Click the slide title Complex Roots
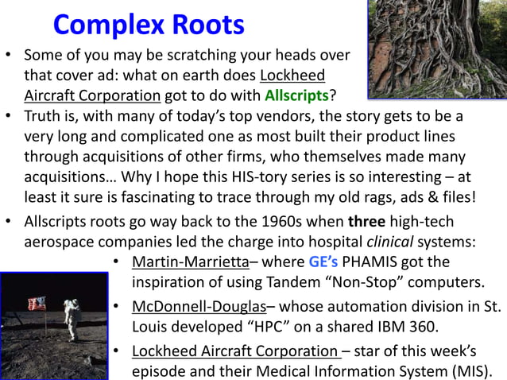coord(148,25)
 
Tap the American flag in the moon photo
coord(37,304)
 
